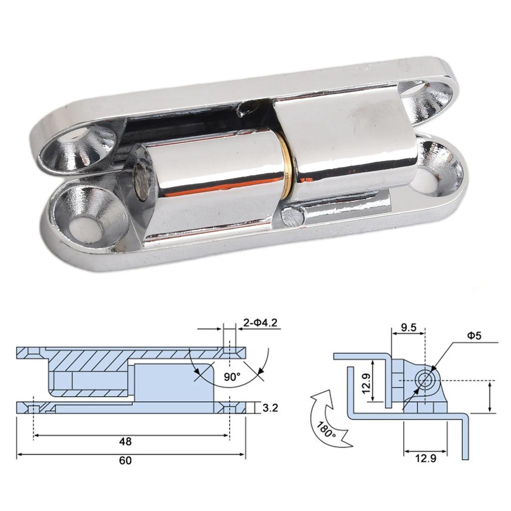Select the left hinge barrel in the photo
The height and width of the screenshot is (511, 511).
pyautogui.click(x=210, y=185)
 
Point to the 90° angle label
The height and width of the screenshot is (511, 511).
pyautogui.click(x=232, y=376)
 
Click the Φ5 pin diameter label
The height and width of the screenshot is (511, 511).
pyautogui.click(x=475, y=336)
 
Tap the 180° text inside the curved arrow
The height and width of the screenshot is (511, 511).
pyautogui.click(x=327, y=429)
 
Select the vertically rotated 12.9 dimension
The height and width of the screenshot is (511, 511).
pyautogui.click(x=367, y=383)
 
